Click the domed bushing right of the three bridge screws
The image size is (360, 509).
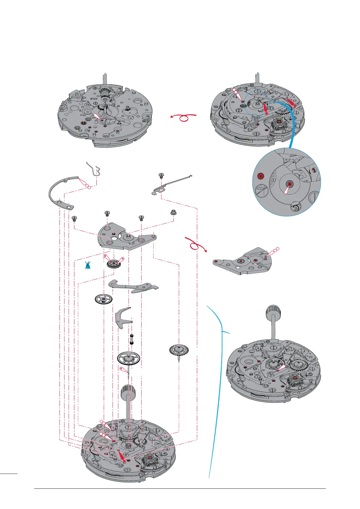pos(174,212)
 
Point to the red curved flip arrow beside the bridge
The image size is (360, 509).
pos(195,245)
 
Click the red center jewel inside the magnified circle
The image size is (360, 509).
pos(290,183)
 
